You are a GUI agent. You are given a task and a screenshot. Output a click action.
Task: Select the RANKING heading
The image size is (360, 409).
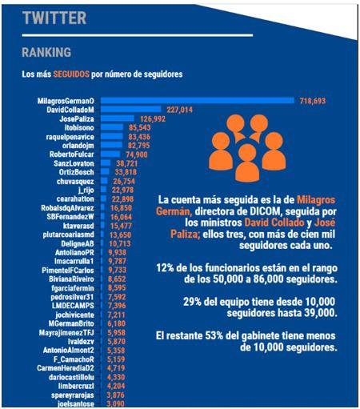[46, 52]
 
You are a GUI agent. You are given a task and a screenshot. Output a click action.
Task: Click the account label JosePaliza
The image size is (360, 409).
[76, 118]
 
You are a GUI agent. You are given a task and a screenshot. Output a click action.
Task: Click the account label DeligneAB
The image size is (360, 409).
[78, 242]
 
